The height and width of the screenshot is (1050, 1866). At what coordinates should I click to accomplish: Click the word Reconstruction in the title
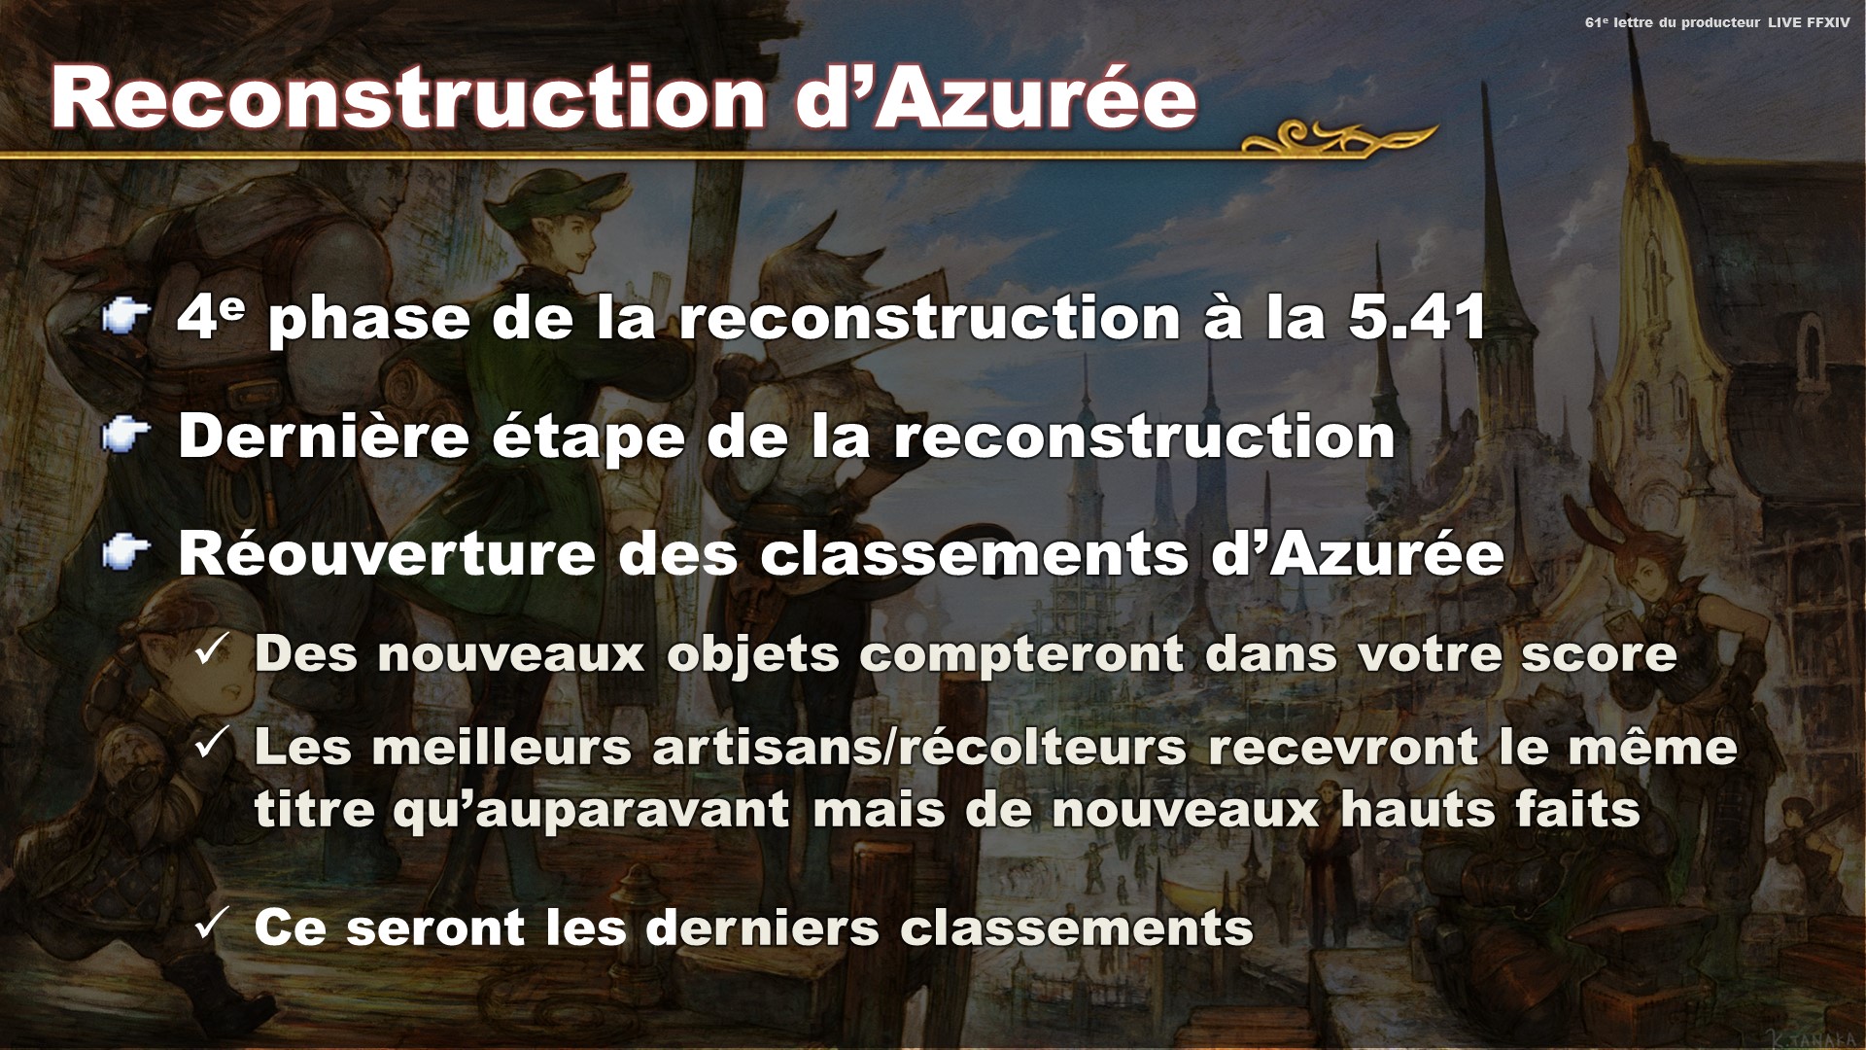408,98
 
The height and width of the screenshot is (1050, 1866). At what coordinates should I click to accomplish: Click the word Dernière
324,436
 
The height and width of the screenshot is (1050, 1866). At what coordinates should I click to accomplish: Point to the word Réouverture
387,554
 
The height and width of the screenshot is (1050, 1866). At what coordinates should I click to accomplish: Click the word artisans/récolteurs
919,748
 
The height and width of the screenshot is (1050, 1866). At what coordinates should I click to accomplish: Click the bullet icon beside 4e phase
126,316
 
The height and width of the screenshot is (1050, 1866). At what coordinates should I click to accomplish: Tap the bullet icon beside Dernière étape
126,436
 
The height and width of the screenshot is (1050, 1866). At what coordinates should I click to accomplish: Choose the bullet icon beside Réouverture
126,553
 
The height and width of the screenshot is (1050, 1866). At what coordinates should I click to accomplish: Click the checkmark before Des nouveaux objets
212,650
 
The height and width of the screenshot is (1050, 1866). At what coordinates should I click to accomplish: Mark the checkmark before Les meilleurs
212,744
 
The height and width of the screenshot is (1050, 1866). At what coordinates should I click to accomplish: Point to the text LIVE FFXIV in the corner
1809,22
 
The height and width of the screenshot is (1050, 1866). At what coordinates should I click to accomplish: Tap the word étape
588,437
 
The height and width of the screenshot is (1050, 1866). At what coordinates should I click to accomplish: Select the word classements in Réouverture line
975,554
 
